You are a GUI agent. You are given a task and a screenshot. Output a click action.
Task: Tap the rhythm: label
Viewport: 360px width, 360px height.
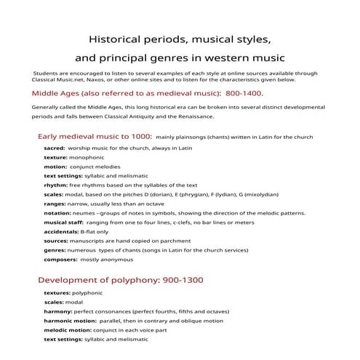57,185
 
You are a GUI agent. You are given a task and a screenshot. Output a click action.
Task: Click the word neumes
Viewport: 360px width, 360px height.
91,213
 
